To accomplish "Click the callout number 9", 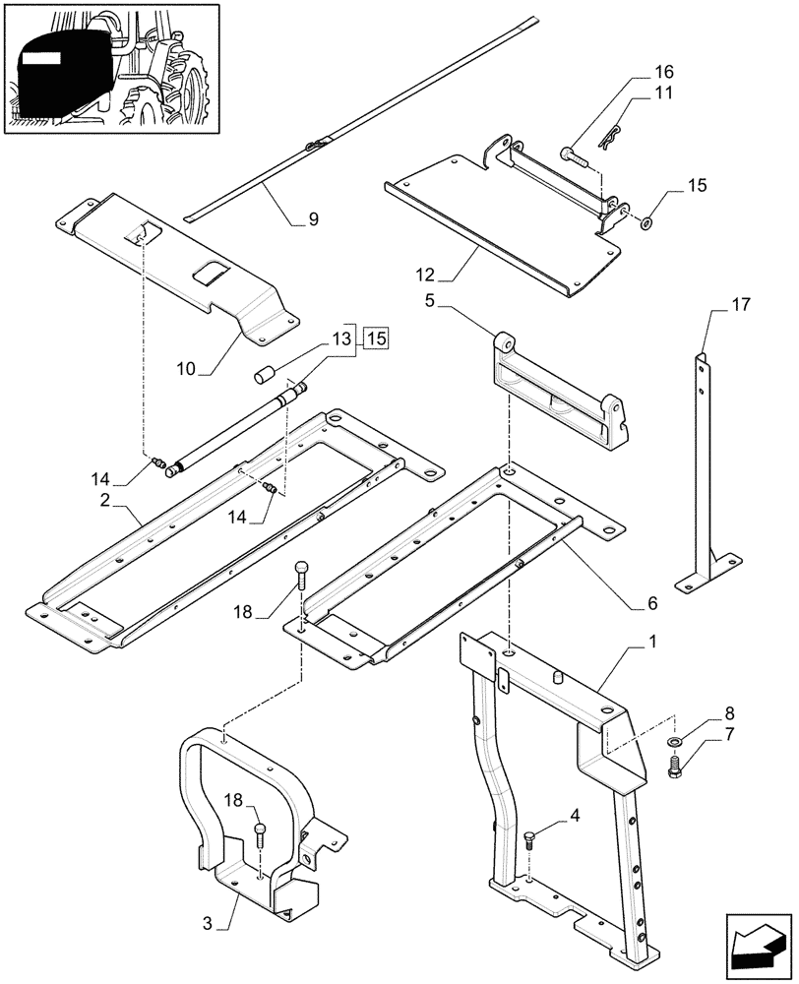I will pos(313,220).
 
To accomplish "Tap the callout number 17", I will pos(740,305).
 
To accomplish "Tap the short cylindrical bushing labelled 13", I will pos(263,375).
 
